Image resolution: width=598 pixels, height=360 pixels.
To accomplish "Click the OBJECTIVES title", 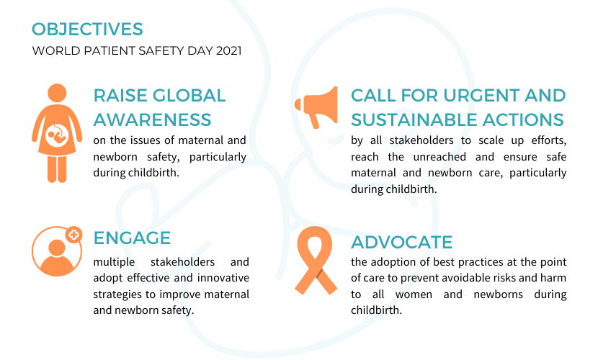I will [x=87, y=30].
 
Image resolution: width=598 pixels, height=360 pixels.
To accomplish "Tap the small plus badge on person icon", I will [x=73, y=235].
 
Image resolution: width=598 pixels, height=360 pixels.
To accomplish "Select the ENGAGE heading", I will [x=132, y=238].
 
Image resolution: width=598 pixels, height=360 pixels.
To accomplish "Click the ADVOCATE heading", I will [x=401, y=241].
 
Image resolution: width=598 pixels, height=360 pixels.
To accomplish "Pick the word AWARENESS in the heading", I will [x=152, y=119].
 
